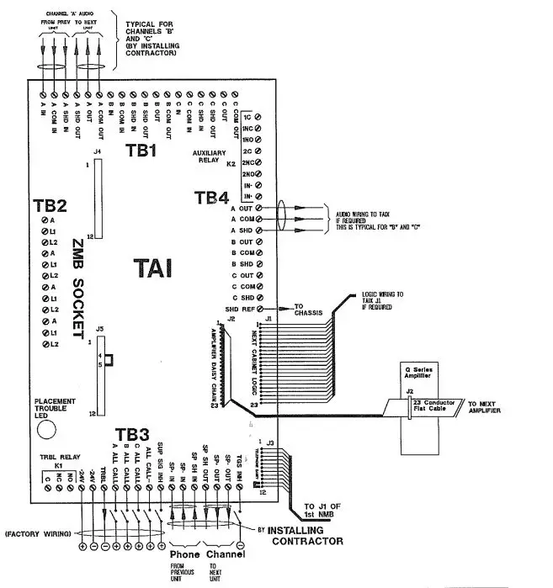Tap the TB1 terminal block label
(x=142, y=151)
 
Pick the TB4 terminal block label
(x=211, y=199)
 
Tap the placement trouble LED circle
(x=47, y=428)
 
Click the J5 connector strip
(x=99, y=374)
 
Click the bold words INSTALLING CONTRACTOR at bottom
(x=306, y=537)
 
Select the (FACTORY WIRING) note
(x=39, y=533)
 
